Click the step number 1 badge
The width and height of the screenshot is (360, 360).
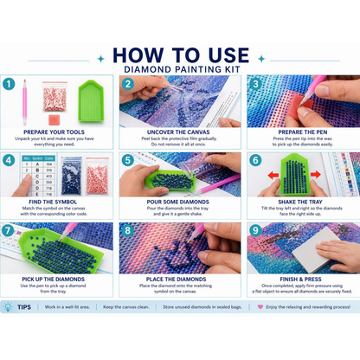(10, 84)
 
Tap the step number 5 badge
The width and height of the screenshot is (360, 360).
(126, 160)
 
